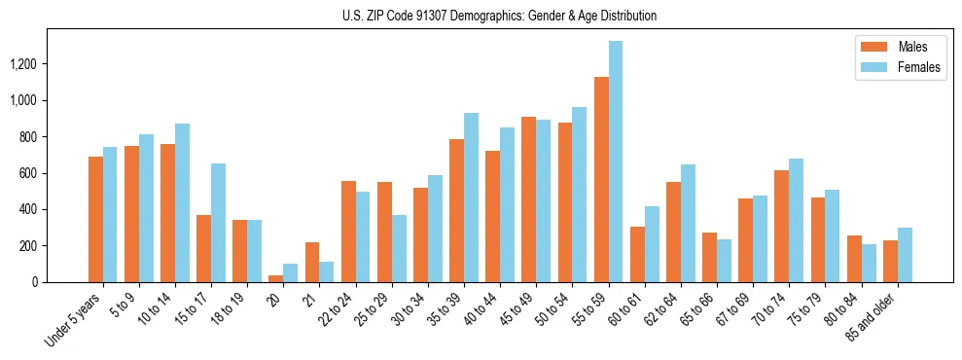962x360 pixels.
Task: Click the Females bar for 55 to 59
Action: (x=616, y=162)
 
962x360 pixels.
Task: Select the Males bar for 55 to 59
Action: (x=601, y=179)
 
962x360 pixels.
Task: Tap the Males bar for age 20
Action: (x=276, y=278)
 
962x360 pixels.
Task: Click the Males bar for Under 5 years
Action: (x=95, y=219)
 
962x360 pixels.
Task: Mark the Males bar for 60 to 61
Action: (x=637, y=254)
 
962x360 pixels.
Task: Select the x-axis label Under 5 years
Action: (x=74, y=318)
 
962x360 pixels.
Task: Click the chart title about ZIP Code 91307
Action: (x=499, y=16)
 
